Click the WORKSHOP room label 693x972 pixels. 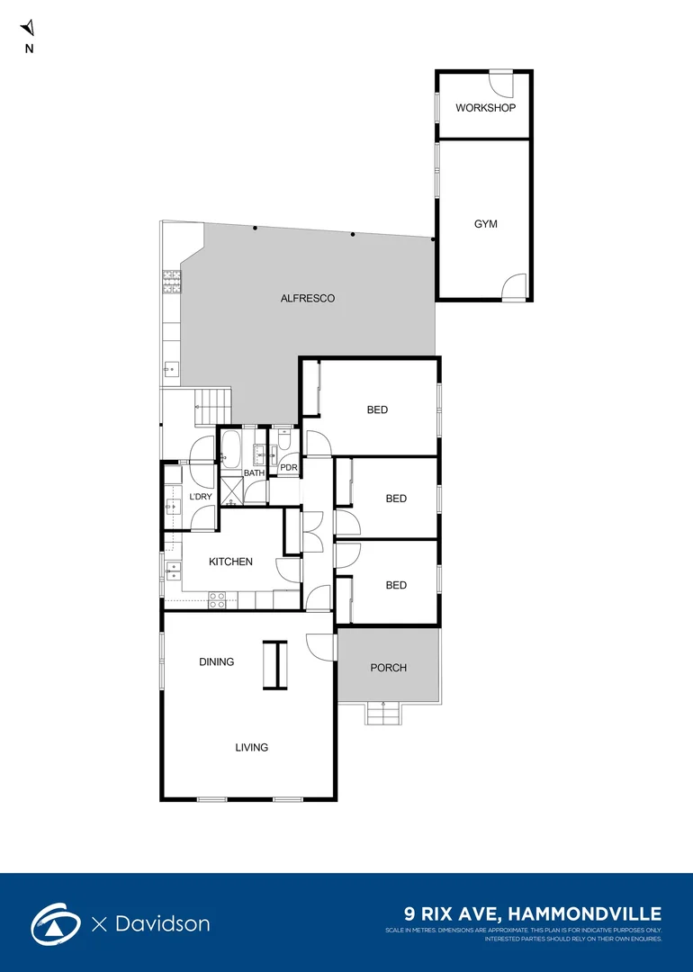[x=485, y=108]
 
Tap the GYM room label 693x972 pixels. [x=485, y=224]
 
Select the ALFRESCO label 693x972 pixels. [x=308, y=298]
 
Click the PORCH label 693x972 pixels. [x=388, y=668]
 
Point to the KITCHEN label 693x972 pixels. [x=230, y=562]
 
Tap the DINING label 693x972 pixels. [x=216, y=661]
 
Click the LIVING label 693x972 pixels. [x=252, y=747]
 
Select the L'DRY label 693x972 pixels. [x=200, y=497]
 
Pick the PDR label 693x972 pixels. [x=289, y=468]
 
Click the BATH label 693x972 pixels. [x=255, y=473]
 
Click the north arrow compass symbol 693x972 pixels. [x=28, y=30]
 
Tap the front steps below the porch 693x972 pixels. [x=384, y=715]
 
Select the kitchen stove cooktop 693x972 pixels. [x=218, y=600]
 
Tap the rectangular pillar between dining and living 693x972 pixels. [x=274, y=664]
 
